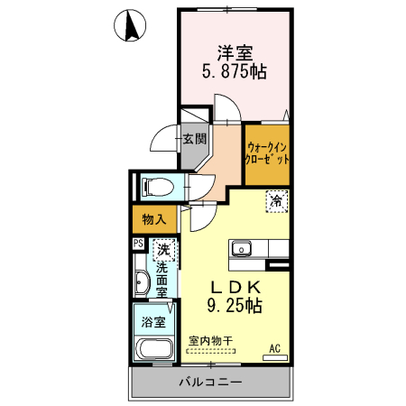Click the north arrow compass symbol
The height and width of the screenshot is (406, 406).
pyautogui.click(x=130, y=25)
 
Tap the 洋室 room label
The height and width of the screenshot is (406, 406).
pyautogui.click(x=235, y=53)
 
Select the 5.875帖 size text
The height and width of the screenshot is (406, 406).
pyautogui.click(x=235, y=71)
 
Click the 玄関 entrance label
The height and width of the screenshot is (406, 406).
pyautogui.click(x=195, y=139)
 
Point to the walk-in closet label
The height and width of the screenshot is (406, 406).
pyautogui.click(x=267, y=153)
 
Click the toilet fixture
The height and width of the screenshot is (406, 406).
pyautogui.click(x=158, y=186)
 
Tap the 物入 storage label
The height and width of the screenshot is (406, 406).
pyautogui.click(x=154, y=219)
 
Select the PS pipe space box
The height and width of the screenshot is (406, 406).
pyautogui.click(x=139, y=244)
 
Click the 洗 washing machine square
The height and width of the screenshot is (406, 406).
pyautogui.click(x=163, y=250)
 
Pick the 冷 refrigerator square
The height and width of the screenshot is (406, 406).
pyautogui.click(x=277, y=201)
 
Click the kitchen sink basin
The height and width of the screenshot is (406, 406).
pyautogui.click(x=242, y=249)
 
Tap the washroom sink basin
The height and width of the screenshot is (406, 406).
pyautogui.click(x=142, y=282)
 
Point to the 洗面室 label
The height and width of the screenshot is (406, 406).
pyautogui.click(x=161, y=280)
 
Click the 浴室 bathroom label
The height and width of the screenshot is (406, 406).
pyautogui.click(x=153, y=322)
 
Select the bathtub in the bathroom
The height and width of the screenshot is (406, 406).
pyautogui.click(x=154, y=349)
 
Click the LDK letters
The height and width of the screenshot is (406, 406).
pyautogui.click(x=235, y=288)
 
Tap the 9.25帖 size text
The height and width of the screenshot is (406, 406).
pyautogui.click(x=235, y=306)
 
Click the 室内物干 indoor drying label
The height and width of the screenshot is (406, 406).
pyautogui.click(x=210, y=341)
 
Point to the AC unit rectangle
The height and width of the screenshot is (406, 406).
pyautogui.click(x=275, y=358)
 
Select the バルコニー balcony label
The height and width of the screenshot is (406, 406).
pyautogui.click(x=210, y=383)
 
